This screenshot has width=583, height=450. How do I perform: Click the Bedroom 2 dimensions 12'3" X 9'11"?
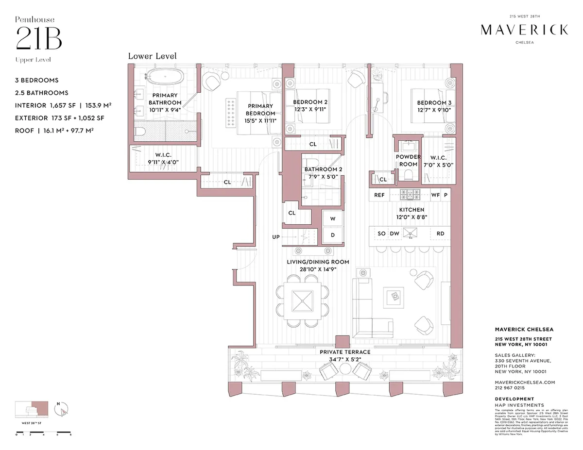point(310,110)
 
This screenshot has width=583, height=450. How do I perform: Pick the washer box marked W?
point(333,219)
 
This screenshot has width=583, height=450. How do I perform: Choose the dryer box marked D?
point(333,235)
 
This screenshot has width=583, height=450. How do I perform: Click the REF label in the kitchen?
point(379,195)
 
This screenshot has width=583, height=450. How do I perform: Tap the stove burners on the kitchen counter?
point(409,195)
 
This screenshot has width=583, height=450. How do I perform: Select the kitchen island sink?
point(412,233)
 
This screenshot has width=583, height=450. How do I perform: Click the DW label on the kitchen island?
point(394,233)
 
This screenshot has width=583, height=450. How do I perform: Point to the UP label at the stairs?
point(276,237)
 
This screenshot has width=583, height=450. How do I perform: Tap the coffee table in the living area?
point(393,296)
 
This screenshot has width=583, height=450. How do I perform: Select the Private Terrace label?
point(345,352)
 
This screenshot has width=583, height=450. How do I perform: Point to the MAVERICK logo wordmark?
point(524,30)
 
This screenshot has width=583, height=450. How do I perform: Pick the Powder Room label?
point(408,161)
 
